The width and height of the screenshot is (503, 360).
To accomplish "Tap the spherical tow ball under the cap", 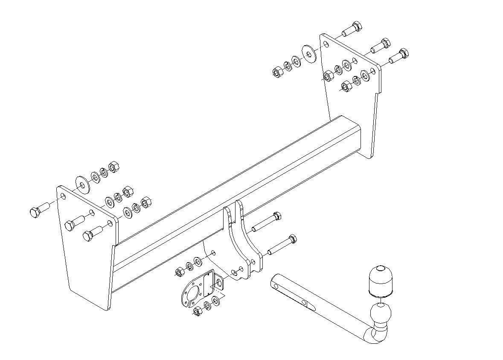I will click(379, 314).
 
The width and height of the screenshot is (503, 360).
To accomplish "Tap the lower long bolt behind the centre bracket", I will click(281, 246).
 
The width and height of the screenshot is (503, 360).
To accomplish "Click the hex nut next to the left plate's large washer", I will click(114, 168).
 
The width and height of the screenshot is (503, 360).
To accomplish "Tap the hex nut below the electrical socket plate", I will click(197, 311).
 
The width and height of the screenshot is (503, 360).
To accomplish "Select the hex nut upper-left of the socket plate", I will click(180, 272).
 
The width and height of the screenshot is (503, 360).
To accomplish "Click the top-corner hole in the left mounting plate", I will click(63, 196).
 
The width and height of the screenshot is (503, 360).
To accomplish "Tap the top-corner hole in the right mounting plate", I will click(326, 44).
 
